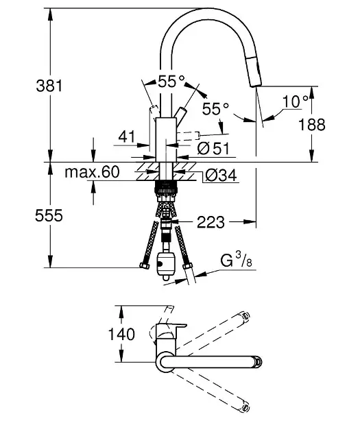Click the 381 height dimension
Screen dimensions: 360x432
point(49,86)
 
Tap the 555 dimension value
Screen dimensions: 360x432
point(49,215)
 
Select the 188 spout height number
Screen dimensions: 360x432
point(312,125)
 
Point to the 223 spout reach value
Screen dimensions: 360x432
point(211,221)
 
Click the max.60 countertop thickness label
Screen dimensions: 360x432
point(93,172)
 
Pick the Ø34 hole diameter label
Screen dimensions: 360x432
point(221,175)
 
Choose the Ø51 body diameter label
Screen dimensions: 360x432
point(213,149)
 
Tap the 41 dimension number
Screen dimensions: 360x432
point(127,136)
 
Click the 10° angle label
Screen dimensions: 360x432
point(295,101)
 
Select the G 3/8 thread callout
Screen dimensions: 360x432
point(236,261)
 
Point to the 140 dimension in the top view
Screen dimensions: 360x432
point(121,334)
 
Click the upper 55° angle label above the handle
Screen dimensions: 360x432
point(171,82)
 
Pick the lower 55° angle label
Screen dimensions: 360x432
point(215,109)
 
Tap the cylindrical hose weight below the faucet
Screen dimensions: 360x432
point(166,264)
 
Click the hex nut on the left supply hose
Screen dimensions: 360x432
point(145,265)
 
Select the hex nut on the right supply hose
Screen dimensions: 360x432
point(188,265)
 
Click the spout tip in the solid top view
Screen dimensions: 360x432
point(258,361)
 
